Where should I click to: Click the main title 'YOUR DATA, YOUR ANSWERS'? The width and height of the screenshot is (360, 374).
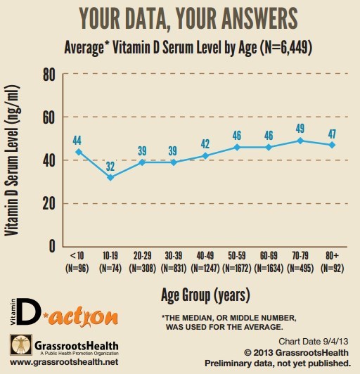[180, 18]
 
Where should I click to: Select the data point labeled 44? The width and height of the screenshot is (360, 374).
[79, 151]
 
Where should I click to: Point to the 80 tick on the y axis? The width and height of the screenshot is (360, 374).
[49, 75]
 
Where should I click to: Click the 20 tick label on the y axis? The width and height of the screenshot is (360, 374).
[49, 203]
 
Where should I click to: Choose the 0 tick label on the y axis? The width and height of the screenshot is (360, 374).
[51, 246]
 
